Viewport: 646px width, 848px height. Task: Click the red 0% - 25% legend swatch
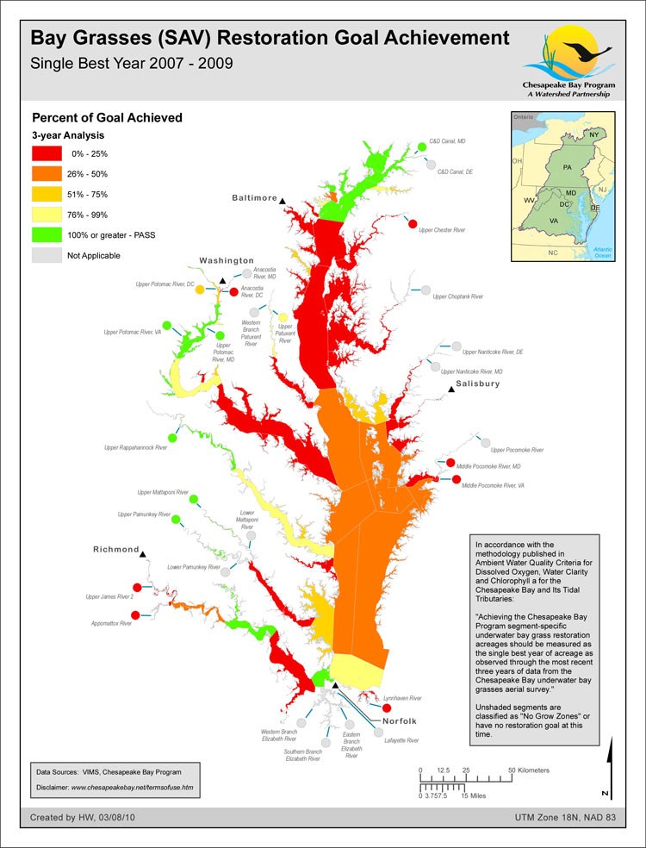coord(47,153)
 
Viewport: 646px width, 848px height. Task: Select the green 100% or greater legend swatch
coord(47,234)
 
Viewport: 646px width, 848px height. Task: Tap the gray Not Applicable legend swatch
coord(47,255)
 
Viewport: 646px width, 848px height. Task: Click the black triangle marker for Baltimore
coord(283,201)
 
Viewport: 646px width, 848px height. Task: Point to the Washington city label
coord(227,260)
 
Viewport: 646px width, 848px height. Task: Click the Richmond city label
coord(116,550)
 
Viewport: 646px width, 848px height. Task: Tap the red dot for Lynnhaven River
coord(374,708)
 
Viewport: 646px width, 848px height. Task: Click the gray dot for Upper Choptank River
coord(425,290)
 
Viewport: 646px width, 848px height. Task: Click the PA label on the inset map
coord(567,165)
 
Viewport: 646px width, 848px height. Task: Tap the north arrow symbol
coord(610,767)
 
